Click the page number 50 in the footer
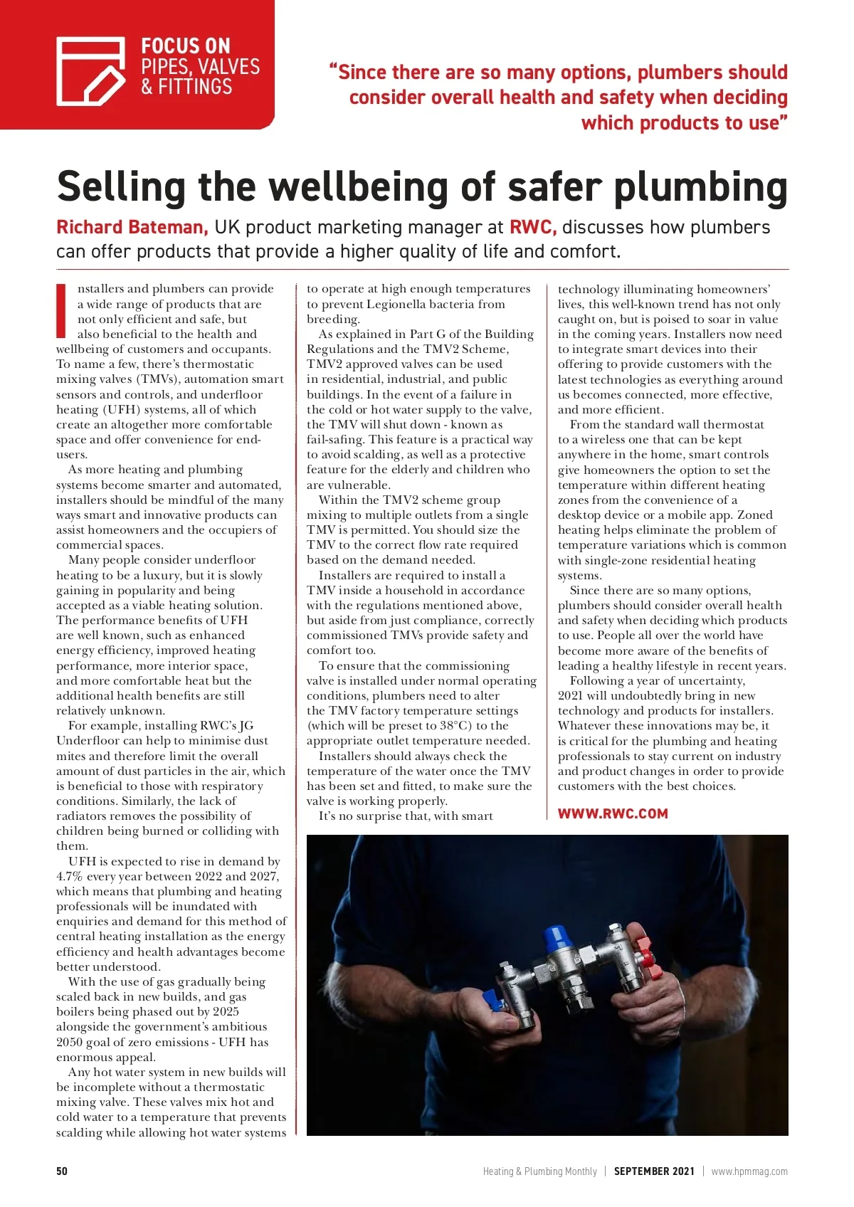tap(62, 1171)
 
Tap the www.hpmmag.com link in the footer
tap(749, 1171)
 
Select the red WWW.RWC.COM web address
tap(613, 813)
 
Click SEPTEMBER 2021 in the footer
tap(654, 1171)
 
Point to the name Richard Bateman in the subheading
tap(132, 227)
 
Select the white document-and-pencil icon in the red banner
tap(90, 71)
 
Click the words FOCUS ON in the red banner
tap(186, 46)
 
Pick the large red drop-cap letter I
tap(61, 311)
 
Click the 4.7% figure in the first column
tap(70, 876)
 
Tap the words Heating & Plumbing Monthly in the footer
tap(539, 1171)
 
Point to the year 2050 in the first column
tap(70, 1042)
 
